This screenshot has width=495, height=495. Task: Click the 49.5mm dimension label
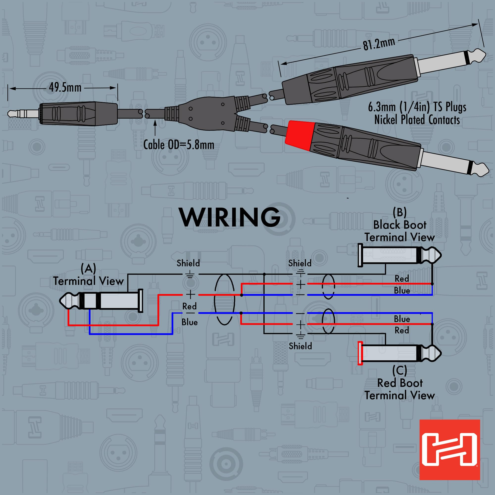click(x=65, y=88)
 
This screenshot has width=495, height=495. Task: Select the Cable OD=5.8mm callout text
click(x=179, y=145)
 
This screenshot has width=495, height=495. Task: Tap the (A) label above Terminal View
click(x=88, y=269)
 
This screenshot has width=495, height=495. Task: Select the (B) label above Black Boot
click(x=399, y=212)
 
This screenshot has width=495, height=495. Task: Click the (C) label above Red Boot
click(x=399, y=370)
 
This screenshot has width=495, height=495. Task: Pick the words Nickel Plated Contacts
click(x=417, y=120)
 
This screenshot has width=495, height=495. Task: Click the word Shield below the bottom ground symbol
click(x=300, y=346)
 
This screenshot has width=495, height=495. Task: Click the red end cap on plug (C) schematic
click(x=360, y=353)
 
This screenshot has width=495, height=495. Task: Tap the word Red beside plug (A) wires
click(x=189, y=306)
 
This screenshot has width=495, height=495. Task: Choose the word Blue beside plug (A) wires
click(x=190, y=322)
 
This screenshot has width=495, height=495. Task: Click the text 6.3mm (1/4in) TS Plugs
click(x=417, y=107)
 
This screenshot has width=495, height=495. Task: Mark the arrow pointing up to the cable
click(x=155, y=127)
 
